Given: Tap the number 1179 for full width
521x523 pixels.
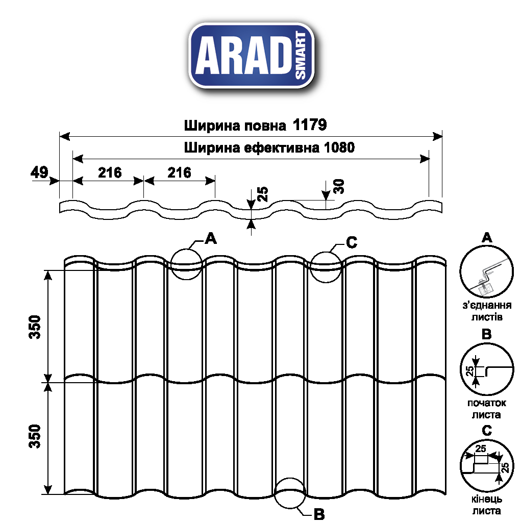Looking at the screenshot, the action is click(x=310, y=125).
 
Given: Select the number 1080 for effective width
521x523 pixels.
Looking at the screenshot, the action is click(x=337, y=147).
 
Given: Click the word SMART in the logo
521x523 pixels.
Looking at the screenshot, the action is click(x=301, y=56).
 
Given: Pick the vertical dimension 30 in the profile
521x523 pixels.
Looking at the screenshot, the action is click(x=339, y=186).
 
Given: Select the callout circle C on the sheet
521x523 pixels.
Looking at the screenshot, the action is click(x=326, y=267).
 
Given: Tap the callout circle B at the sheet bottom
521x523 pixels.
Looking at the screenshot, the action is click(x=289, y=493).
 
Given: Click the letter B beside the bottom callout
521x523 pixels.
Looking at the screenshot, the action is click(x=319, y=514).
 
